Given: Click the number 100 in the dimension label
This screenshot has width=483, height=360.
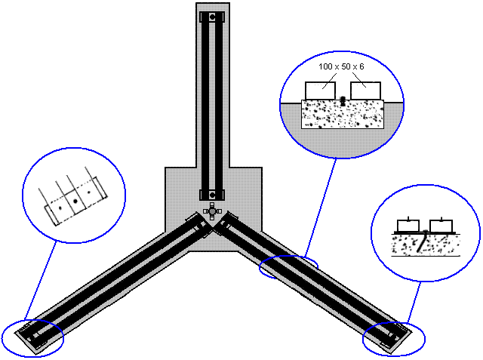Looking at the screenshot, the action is tap(325, 66).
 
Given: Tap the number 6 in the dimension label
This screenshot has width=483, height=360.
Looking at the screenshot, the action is tap(361, 66).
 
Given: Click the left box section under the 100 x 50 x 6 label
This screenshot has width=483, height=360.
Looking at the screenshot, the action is tap(320, 91).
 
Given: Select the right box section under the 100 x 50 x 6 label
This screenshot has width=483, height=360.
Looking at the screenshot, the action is tap(365, 91).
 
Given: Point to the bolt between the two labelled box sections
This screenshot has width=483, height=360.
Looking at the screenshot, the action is tap(343, 101).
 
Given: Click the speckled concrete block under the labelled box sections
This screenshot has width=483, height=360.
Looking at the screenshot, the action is tap(343, 114).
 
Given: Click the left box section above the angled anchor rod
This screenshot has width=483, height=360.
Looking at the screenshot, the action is tap(408, 226).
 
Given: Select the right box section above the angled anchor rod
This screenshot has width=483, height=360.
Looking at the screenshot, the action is tap(441, 226).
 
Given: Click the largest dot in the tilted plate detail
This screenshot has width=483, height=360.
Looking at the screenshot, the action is tap(75, 202).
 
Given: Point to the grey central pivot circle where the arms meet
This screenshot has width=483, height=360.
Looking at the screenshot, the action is tap(212, 211).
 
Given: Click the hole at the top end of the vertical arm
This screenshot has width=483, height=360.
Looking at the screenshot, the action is tap(212, 17).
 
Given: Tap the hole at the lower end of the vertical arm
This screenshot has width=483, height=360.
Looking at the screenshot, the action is tap(212, 195).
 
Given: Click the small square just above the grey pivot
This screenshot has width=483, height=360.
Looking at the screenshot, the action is tap(212, 205).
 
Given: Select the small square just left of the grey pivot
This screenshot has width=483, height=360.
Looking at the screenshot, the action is tap(205, 211).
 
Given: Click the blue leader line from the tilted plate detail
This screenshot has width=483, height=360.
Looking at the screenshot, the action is tap(40, 280).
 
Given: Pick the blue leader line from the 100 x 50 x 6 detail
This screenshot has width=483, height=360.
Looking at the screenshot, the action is tap(320, 208).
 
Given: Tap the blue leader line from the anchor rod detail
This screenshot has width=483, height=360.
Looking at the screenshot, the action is tap(414, 302).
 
